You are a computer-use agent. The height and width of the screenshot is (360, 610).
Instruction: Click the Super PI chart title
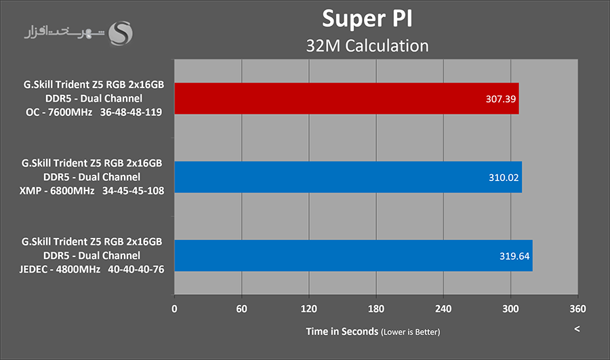367,18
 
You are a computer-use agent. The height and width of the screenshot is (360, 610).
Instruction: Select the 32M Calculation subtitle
367,45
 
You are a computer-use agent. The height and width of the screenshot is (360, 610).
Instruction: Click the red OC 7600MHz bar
346,98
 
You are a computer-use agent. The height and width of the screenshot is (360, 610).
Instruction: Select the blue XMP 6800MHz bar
348,177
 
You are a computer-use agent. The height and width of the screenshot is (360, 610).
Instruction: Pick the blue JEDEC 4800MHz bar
353,256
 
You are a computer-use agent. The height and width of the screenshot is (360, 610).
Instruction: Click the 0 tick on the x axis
175,308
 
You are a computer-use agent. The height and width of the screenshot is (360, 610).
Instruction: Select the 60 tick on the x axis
242,308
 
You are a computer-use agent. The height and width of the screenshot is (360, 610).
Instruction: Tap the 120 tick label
309,308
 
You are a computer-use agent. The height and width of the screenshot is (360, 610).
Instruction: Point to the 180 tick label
376,308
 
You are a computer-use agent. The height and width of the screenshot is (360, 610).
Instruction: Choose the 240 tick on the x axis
443,308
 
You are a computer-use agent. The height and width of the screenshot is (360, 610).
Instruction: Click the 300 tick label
510,308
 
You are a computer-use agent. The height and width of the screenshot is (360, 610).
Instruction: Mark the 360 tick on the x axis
577,308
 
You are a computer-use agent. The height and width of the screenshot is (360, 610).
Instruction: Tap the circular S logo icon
121,34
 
